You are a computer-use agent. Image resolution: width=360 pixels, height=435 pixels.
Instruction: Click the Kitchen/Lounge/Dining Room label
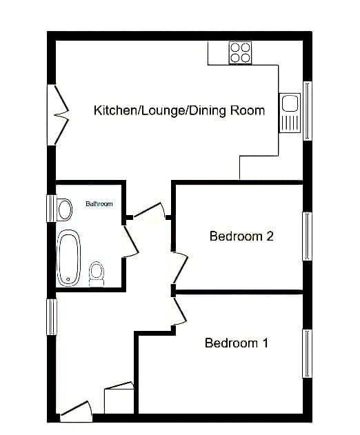179,110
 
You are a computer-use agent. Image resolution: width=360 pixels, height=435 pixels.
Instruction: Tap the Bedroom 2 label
241,236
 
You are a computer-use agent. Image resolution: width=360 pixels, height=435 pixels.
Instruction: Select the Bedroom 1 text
237,343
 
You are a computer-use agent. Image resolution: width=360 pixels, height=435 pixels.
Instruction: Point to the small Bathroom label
99,204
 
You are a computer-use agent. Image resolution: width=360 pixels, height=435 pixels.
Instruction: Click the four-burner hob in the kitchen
241,52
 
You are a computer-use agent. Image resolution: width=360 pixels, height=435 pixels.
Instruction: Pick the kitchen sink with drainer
290,113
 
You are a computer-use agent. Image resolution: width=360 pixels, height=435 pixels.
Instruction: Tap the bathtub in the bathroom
68,258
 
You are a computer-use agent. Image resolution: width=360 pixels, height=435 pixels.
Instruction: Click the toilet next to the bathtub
97,274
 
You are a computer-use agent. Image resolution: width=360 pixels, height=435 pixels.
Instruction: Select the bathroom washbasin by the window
64,210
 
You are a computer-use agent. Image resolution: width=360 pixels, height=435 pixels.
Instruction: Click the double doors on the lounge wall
61,114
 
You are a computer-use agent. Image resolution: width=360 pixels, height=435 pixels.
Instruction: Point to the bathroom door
130,241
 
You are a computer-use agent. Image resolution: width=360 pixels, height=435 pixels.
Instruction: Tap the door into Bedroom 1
179,312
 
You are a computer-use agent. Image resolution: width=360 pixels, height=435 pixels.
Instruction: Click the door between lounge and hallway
150,211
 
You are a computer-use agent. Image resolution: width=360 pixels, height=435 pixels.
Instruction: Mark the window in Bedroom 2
307,236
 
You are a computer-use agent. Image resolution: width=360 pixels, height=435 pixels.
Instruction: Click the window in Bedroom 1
307,354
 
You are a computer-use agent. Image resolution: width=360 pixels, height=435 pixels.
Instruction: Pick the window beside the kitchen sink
308,111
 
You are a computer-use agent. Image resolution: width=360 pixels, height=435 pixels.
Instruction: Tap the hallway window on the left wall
52,317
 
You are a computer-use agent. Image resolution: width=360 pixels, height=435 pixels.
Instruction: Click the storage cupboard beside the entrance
119,398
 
